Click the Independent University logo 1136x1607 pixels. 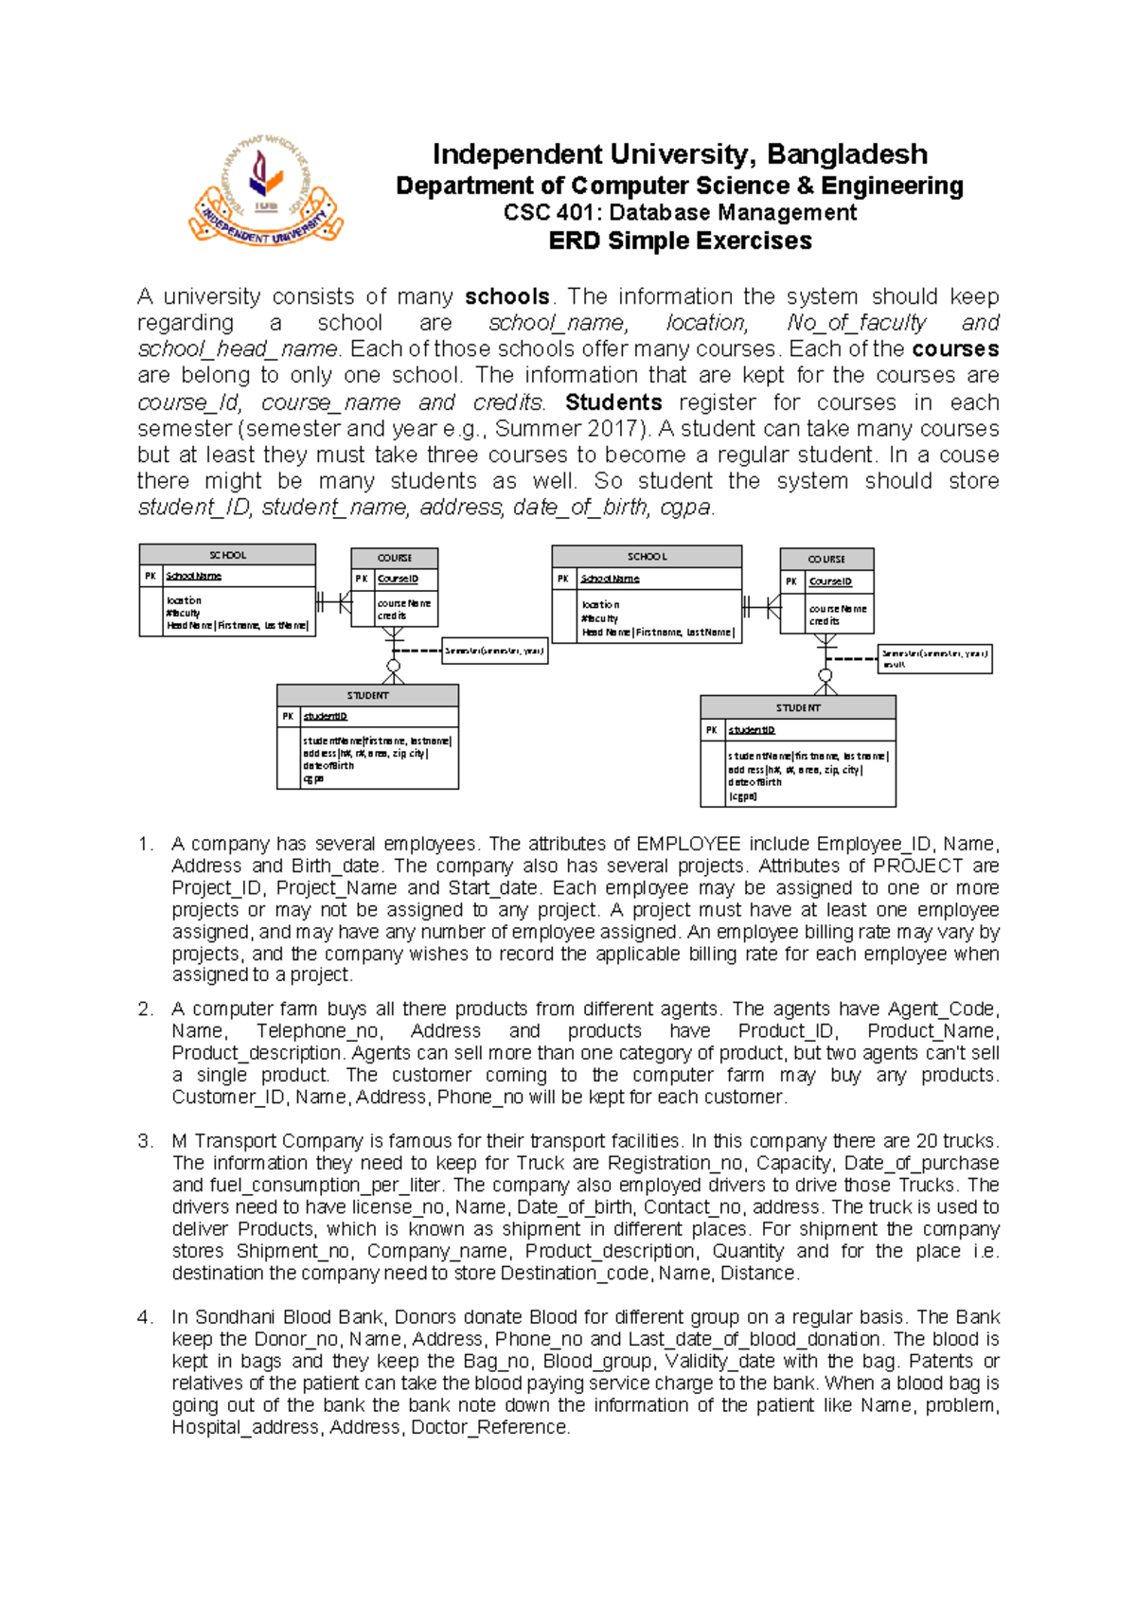click(x=266, y=189)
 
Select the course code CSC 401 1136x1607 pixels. click(x=548, y=213)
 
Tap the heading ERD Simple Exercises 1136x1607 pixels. click(x=680, y=241)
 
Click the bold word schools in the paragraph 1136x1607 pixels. click(x=506, y=297)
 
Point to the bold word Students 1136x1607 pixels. click(x=612, y=402)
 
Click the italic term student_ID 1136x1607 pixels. click(x=194, y=508)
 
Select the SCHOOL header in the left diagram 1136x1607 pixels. click(x=227, y=555)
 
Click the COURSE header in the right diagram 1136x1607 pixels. click(x=826, y=559)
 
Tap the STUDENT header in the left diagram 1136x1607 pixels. click(x=367, y=695)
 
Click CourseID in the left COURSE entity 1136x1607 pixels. click(x=398, y=579)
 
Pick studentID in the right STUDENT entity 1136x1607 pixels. click(x=752, y=730)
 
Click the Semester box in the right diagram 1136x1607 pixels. click(x=934, y=658)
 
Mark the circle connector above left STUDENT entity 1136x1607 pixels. click(x=393, y=667)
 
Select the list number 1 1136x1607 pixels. click(x=144, y=844)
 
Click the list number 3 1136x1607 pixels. click(x=144, y=1141)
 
